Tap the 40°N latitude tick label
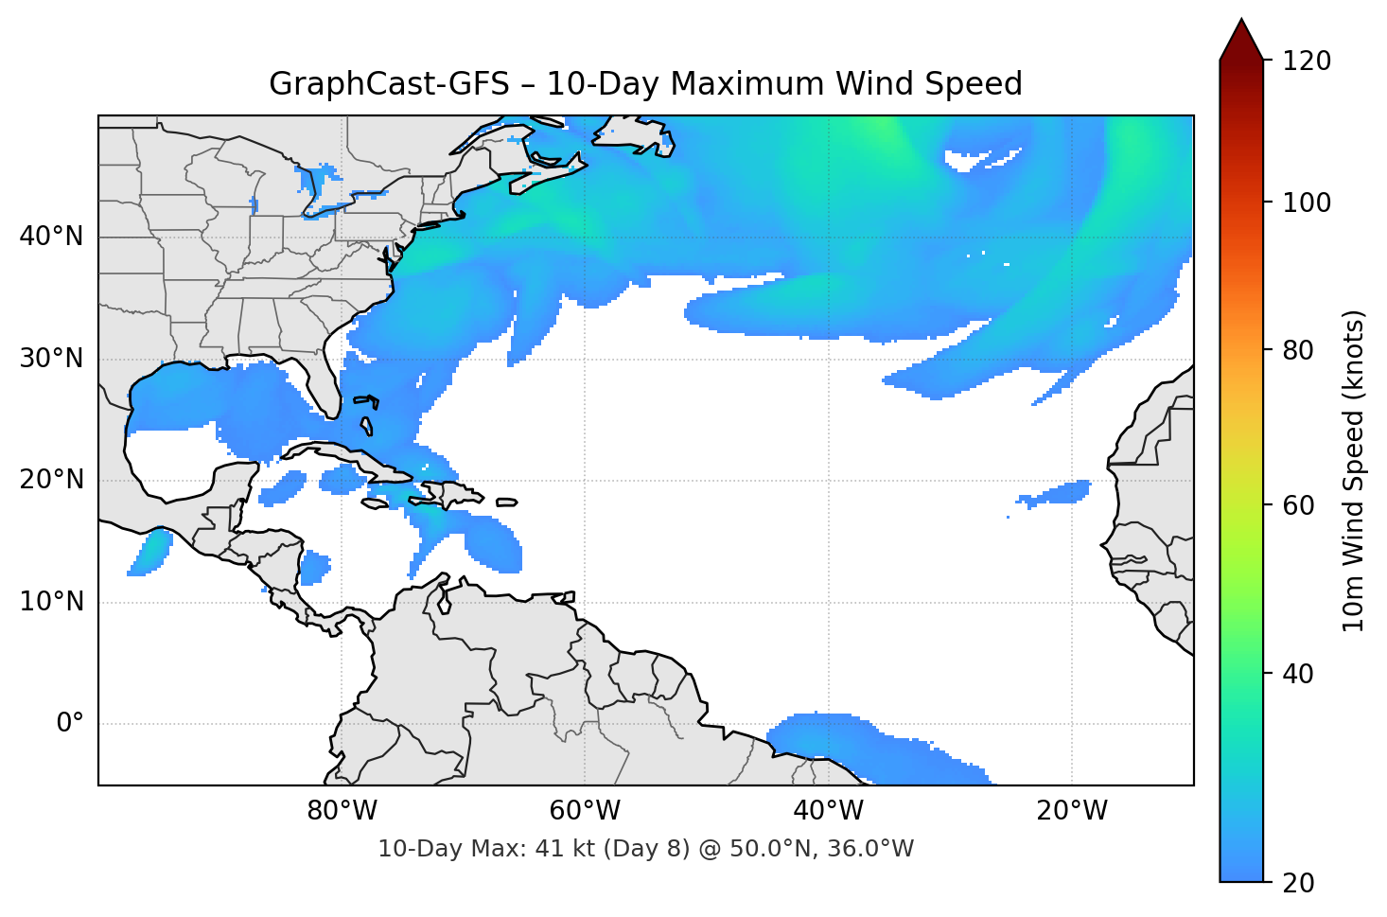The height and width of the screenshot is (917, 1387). pos(51,237)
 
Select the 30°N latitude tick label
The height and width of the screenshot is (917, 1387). pos(51,359)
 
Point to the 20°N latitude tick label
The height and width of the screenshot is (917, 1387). pos(51,480)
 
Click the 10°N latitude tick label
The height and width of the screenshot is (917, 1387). pos(51,602)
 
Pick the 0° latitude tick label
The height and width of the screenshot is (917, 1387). pos(70,724)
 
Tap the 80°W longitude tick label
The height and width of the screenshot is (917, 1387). pos(342,811)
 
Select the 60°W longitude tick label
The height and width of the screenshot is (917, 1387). pos(585,811)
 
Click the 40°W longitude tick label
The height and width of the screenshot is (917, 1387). pos(828,811)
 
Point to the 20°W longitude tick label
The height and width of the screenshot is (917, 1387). pos(1071,811)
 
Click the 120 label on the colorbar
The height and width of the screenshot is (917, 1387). pos(1307,62)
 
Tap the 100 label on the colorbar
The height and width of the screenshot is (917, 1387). pos(1307,203)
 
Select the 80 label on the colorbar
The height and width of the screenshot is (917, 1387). pos(1299,350)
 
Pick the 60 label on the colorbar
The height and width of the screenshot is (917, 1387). pos(1299,505)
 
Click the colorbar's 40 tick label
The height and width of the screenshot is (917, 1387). pos(1299,674)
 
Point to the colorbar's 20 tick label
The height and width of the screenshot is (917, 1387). pos(1299,883)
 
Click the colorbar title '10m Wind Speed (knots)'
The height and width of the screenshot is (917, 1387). pos(1354,471)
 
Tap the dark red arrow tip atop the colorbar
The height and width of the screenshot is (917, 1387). pos(1241,36)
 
